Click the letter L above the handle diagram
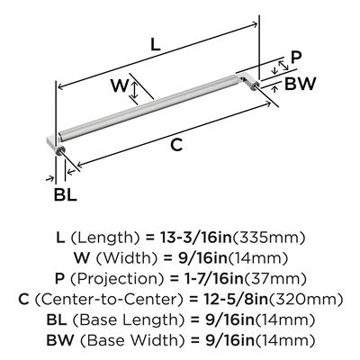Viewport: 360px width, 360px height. tap(156, 45)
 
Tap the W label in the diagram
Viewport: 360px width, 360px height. tap(120, 85)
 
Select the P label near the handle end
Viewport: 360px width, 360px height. tap(296, 58)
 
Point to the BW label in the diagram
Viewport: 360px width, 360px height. tap(300, 84)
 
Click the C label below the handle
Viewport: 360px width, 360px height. tap(176, 146)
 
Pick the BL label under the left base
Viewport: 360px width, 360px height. tap(65, 195)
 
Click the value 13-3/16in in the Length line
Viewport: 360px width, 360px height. tap(196, 238)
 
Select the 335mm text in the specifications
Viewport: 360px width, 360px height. tap(269, 238)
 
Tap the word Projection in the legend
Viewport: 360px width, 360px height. tap(117, 279)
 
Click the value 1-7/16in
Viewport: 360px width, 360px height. tap(213, 279)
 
